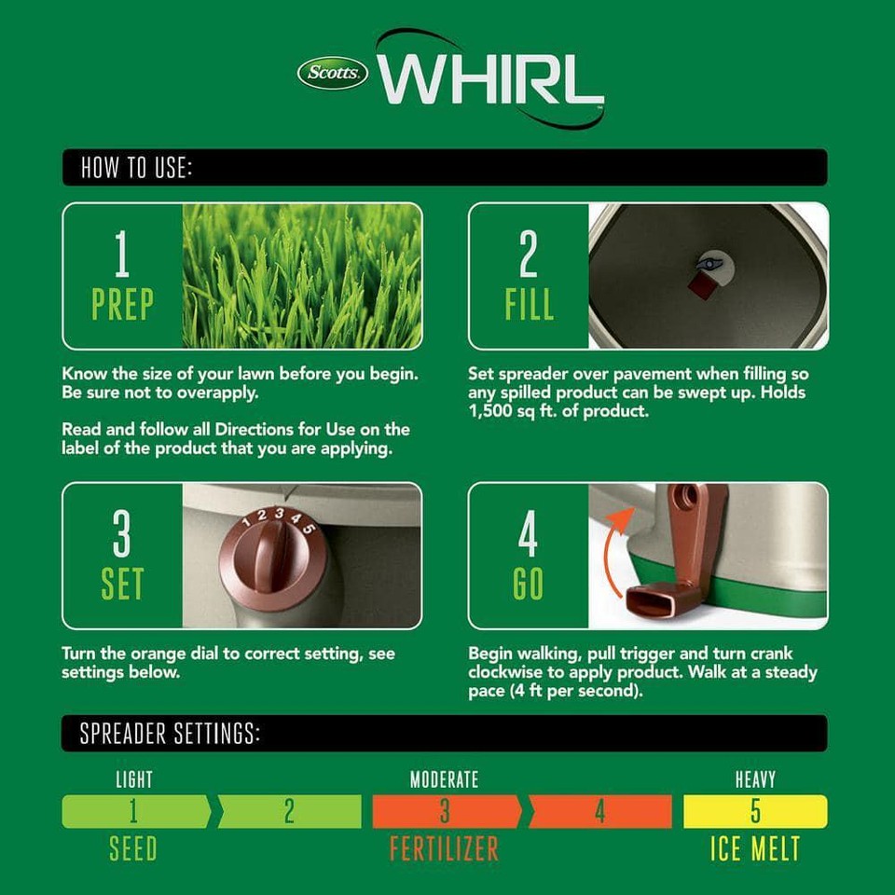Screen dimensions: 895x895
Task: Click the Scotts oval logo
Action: (333, 73)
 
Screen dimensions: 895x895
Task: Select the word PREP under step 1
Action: (122, 304)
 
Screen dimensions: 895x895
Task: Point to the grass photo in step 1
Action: (302, 276)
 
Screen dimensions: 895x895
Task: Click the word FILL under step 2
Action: (529, 304)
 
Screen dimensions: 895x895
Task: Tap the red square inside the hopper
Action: (700, 282)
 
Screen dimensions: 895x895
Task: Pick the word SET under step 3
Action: (122, 584)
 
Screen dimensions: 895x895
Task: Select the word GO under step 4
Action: (528, 584)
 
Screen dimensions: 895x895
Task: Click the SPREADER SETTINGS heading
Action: (170, 734)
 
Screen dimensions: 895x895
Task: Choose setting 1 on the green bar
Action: (133, 811)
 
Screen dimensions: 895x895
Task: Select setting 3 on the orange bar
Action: (445, 811)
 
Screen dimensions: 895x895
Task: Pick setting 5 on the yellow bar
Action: (755, 811)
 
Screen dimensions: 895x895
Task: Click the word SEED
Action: (133, 848)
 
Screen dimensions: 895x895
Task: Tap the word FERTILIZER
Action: (444, 848)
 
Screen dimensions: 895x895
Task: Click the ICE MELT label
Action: (755, 848)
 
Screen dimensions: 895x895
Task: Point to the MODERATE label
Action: (444, 778)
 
